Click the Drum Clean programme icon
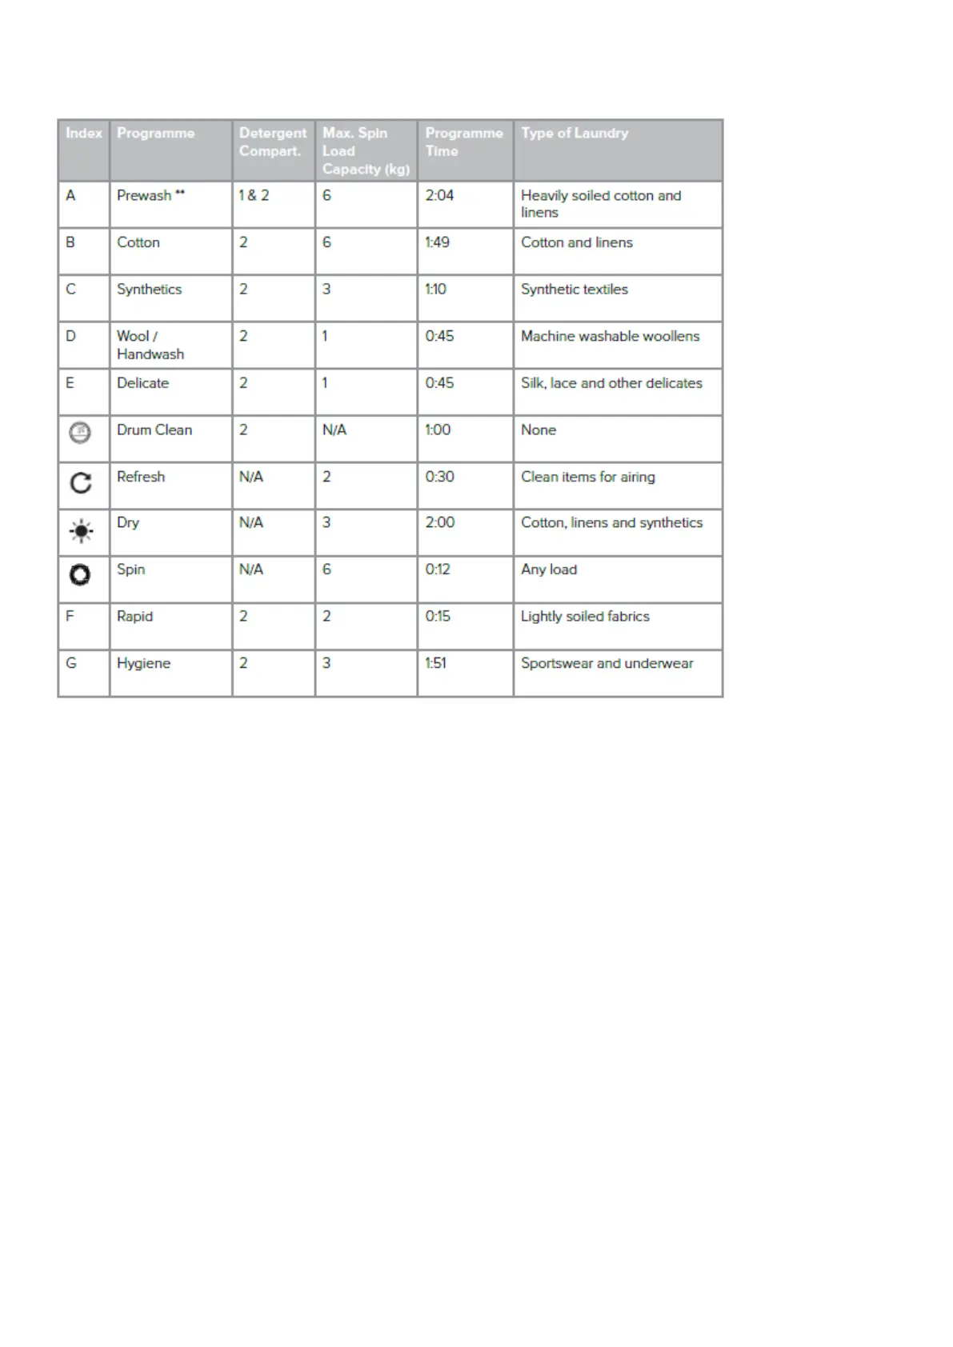tap(80, 433)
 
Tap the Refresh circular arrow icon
tap(81, 483)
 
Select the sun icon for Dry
tap(81, 531)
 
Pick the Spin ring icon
tap(80, 574)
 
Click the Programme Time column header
tap(463, 142)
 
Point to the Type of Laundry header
tap(575, 133)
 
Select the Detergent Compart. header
tap(272, 142)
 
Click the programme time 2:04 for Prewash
tap(439, 195)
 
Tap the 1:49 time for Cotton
tap(437, 242)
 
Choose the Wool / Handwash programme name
tap(150, 345)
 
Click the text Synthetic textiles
tap(574, 290)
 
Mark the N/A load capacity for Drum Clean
tap(334, 430)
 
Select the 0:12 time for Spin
tap(438, 570)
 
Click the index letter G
tap(71, 663)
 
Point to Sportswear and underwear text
tap(607, 663)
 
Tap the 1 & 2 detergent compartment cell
tap(254, 195)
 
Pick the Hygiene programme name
tap(143, 663)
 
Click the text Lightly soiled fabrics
tap(585, 617)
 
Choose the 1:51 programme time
tap(436, 663)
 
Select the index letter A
tap(70, 195)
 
